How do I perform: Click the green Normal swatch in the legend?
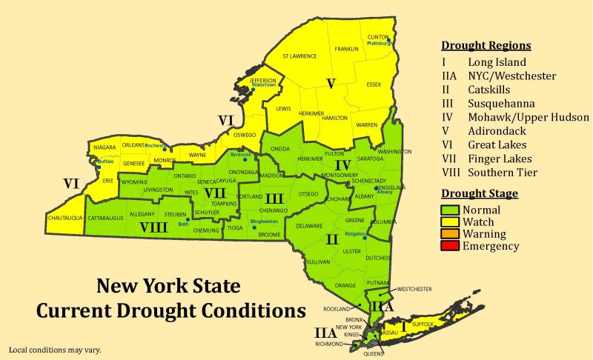[x=451, y=210]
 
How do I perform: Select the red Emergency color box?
[x=451, y=246]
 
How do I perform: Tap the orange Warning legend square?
[x=451, y=234]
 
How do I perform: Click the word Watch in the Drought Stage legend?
[x=478, y=222]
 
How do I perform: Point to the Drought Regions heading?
[x=486, y=45]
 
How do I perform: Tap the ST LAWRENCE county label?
[x=299, y=56]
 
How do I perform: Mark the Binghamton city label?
[x=265, y=221]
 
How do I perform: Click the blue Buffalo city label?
[x=105, y=161]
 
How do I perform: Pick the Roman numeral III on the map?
[x=274, y=199]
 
